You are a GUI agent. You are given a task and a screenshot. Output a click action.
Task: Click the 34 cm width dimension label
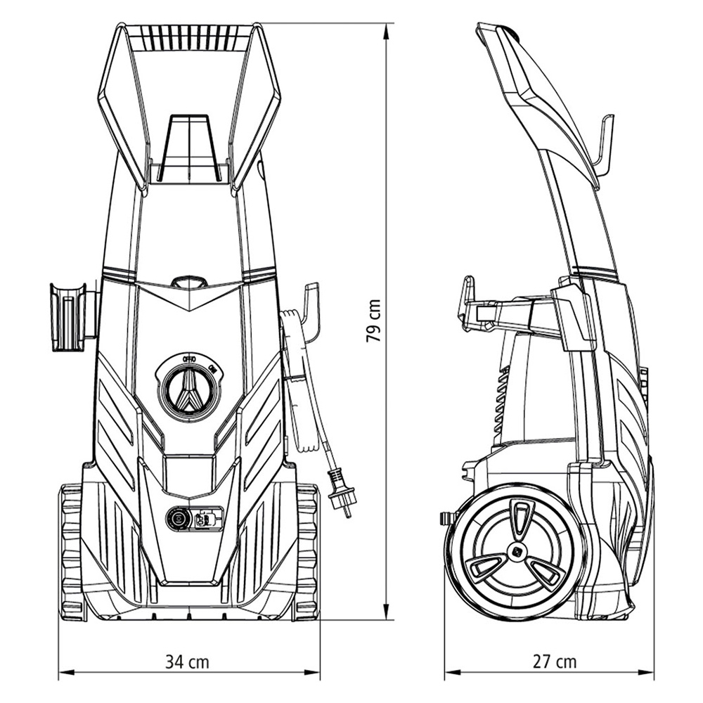tap(187, 662)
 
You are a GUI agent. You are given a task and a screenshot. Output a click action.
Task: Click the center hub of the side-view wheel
tap(521, 552)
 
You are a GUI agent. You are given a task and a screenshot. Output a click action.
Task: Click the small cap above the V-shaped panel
tap(189, 282)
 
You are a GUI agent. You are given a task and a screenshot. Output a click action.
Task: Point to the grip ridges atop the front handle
tap(188, 39)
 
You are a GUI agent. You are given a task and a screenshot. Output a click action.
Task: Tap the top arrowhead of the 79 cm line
tap(386, 28)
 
